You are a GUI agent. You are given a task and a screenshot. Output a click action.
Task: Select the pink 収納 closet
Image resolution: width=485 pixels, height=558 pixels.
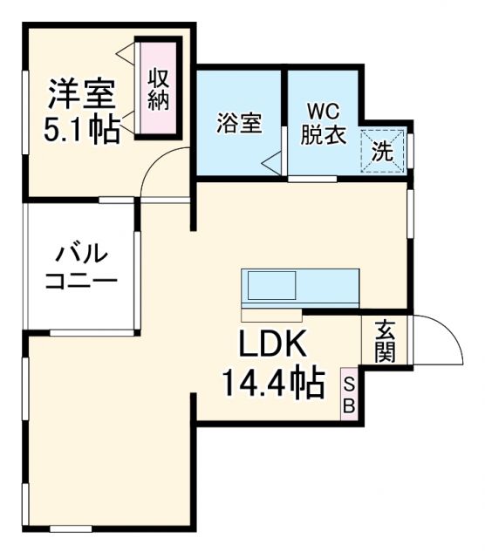click(158, 87)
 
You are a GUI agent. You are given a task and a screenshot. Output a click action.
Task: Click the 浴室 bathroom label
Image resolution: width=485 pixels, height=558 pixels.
click(238, 124)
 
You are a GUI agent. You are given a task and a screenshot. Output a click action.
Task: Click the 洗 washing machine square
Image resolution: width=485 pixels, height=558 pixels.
click(384, 150)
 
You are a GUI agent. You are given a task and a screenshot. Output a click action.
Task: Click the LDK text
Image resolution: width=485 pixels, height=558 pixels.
click(273, 344)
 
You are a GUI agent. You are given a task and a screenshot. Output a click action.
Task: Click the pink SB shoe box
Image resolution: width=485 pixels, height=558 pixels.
click(348, 395)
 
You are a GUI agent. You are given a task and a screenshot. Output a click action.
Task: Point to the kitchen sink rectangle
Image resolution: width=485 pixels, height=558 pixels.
click(271, 285)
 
